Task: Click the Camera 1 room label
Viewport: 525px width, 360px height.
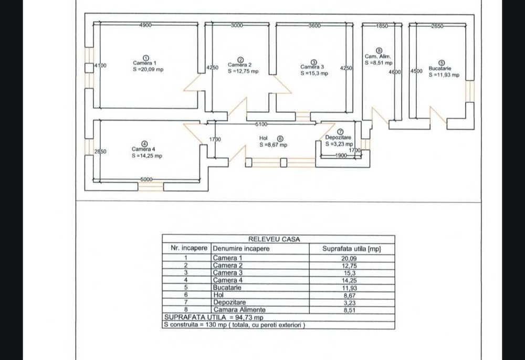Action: (144, 63)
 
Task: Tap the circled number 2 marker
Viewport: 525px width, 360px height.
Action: (240, 60)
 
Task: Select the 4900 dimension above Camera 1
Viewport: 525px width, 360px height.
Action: (145, 25)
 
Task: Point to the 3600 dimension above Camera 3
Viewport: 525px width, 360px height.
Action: (314, 25)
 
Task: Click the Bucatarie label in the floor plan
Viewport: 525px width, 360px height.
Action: (439, 69)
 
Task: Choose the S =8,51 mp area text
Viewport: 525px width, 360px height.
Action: (379, 62)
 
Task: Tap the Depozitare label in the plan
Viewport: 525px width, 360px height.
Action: (338, 137)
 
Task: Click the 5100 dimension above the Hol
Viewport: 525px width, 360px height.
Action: (261, 124)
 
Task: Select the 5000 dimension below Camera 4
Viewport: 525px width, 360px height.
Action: (146, 179)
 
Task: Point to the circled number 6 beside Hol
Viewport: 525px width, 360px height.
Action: (280, 139)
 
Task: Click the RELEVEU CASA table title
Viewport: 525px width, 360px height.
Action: (274, 239)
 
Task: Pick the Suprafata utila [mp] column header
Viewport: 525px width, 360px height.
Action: (352, 249)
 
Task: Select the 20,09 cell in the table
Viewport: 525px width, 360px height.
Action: (349, 258)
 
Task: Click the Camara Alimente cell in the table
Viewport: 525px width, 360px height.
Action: (239, 310)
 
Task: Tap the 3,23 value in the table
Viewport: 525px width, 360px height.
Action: (349, 303)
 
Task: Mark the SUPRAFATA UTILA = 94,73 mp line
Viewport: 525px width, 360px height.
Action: (214, 317)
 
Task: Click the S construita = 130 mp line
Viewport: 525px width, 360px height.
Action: (234, 324)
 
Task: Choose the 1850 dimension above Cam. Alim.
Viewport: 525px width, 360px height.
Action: (382, 26)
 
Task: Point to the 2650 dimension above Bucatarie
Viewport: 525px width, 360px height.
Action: (437, 26)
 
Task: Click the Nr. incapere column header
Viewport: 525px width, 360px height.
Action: (189, 248)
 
